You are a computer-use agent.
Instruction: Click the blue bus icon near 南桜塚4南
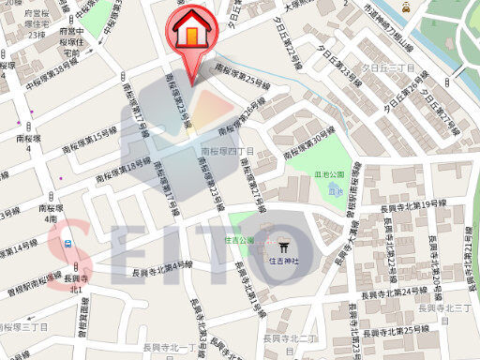(x=68, y=243)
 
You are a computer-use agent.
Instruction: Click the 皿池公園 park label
(x=330, y=174)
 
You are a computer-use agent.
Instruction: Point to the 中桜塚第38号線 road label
(x=62, y=76)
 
